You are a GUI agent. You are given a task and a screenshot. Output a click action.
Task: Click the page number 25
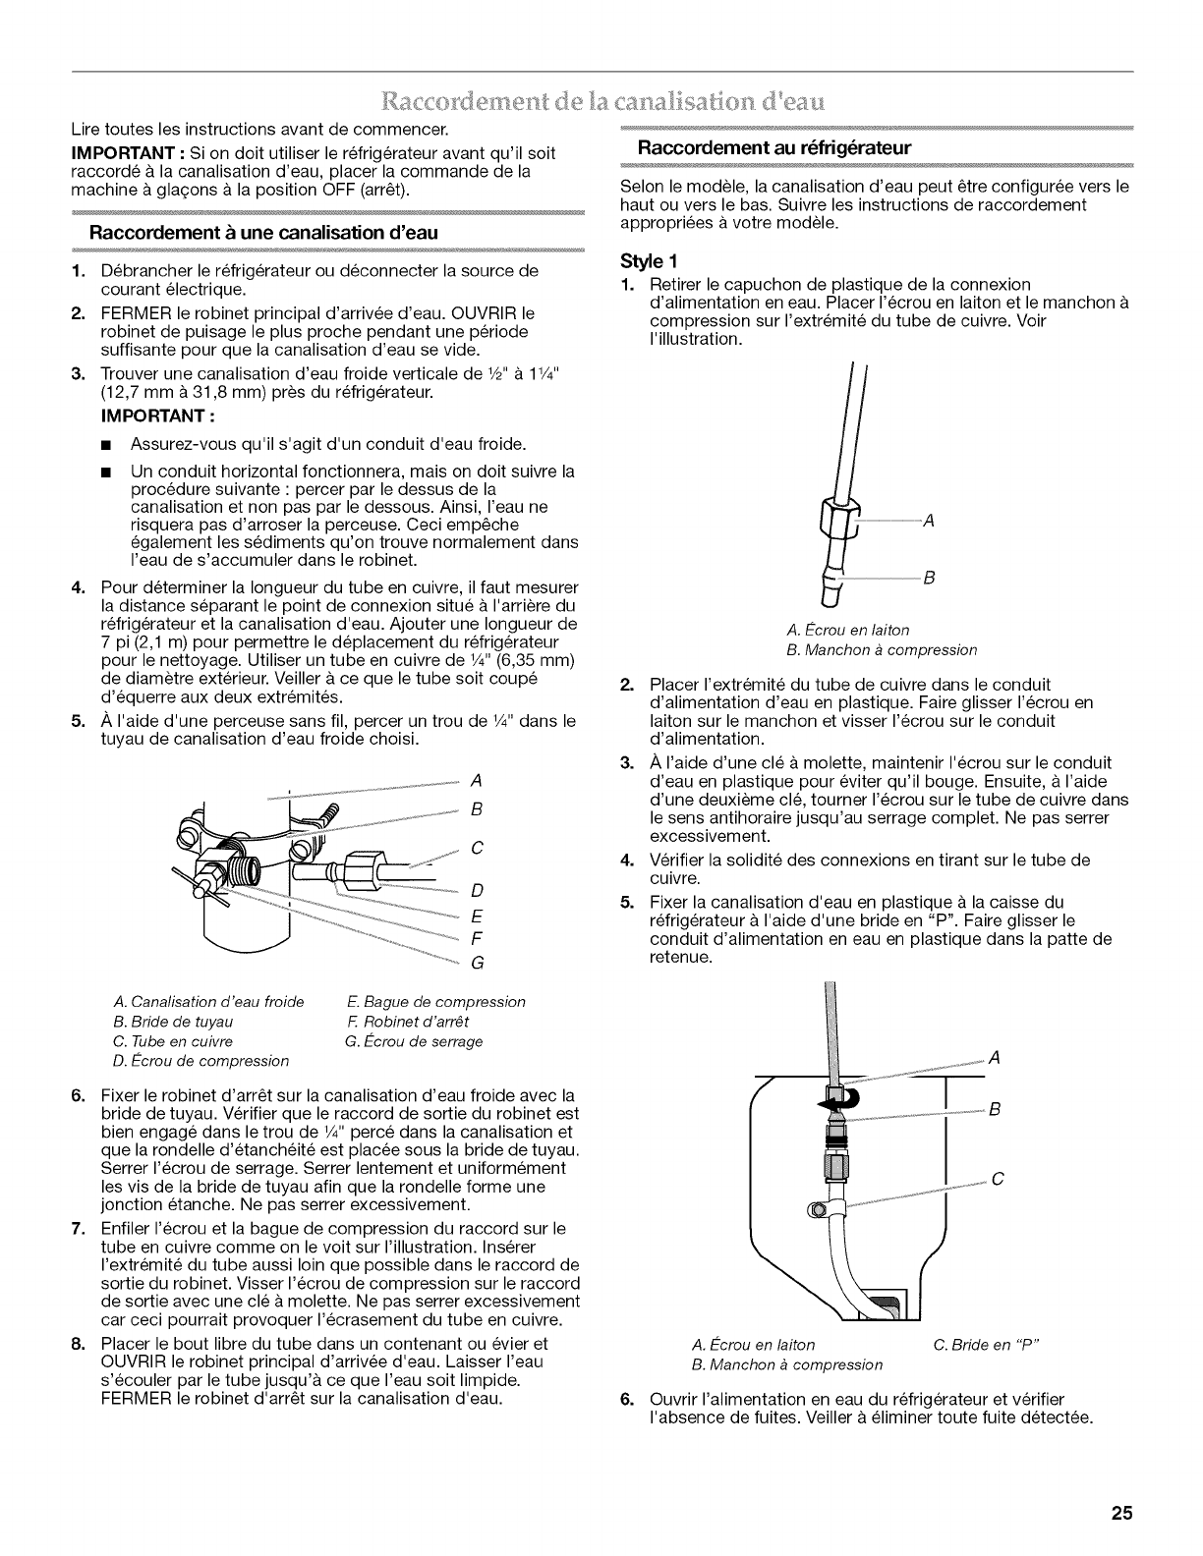[1122, 1514]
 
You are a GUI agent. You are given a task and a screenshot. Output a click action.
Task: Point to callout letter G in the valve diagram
[477, 963]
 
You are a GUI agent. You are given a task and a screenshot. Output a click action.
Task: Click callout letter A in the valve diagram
[476, 781]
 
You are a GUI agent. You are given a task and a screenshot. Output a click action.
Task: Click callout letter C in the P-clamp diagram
[996, 1181]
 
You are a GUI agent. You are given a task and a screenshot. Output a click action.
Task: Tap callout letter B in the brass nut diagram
[926, 579]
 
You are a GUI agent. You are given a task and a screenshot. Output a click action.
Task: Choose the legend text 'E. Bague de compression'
[436, 1002]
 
